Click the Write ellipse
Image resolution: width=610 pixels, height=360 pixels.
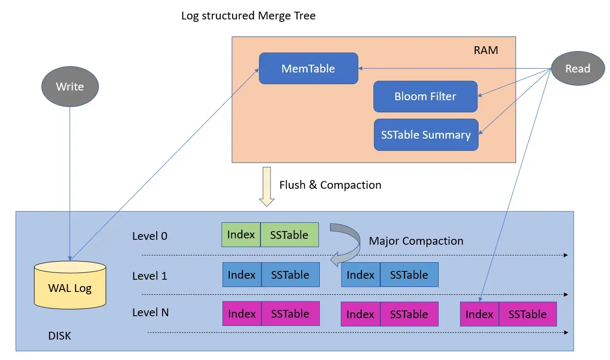(70, 87)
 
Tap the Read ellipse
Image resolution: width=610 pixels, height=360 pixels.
(577, 69)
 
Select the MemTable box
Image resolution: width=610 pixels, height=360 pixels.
(308, 69)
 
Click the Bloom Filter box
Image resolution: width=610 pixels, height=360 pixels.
(425, 96)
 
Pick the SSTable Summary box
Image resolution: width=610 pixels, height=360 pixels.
(425, 135)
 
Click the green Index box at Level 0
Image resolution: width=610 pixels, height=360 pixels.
(241, 234)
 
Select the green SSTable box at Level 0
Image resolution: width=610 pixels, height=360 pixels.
(289, 234)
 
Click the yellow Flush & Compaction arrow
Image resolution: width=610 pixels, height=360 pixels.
(266, 186)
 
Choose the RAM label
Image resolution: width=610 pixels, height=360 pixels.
(485, 50)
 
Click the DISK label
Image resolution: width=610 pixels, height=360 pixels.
(59, 336)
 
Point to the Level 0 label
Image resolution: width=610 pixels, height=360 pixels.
(149, 236)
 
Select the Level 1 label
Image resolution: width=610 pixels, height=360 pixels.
(149, 276)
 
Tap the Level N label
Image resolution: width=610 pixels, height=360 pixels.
(150, 312)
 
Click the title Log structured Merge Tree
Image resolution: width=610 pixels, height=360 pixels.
(248, 16)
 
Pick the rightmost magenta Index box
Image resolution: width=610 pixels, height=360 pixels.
(480, 314)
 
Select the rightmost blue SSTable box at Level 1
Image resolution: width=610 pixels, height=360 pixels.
(409, 275)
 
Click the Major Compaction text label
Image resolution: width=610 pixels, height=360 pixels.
(416, 241)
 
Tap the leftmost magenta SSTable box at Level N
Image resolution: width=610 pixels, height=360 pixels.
(290, 314)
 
